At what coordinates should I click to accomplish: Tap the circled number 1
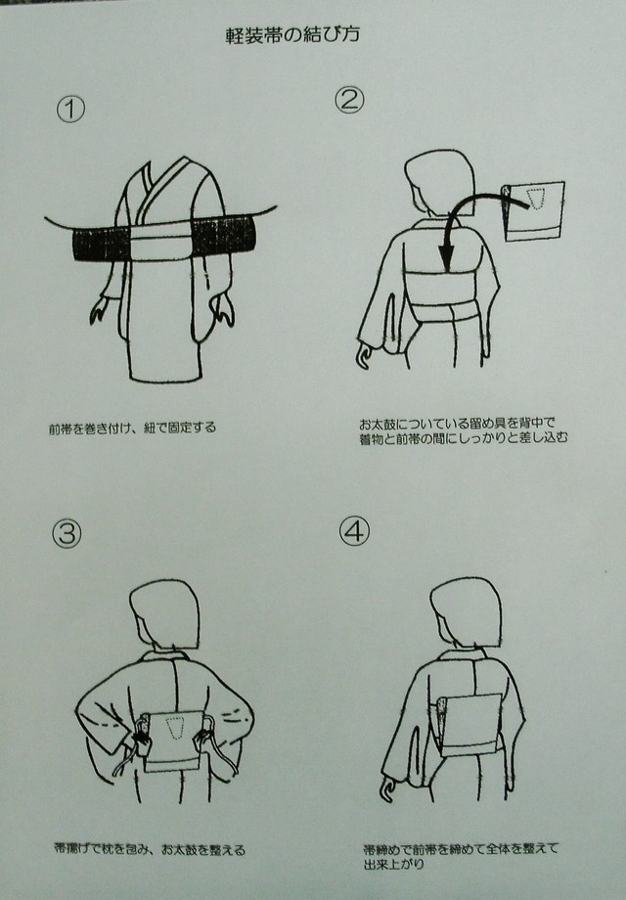(x=71, y=109)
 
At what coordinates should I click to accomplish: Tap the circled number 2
(x=349, y=99)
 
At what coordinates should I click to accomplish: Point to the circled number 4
(x=353, y=530)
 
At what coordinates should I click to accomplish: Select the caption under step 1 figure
(x=133, y=427)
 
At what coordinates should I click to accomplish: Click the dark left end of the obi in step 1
(x=95, y=240)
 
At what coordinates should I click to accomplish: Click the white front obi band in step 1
(x=161, y=240)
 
